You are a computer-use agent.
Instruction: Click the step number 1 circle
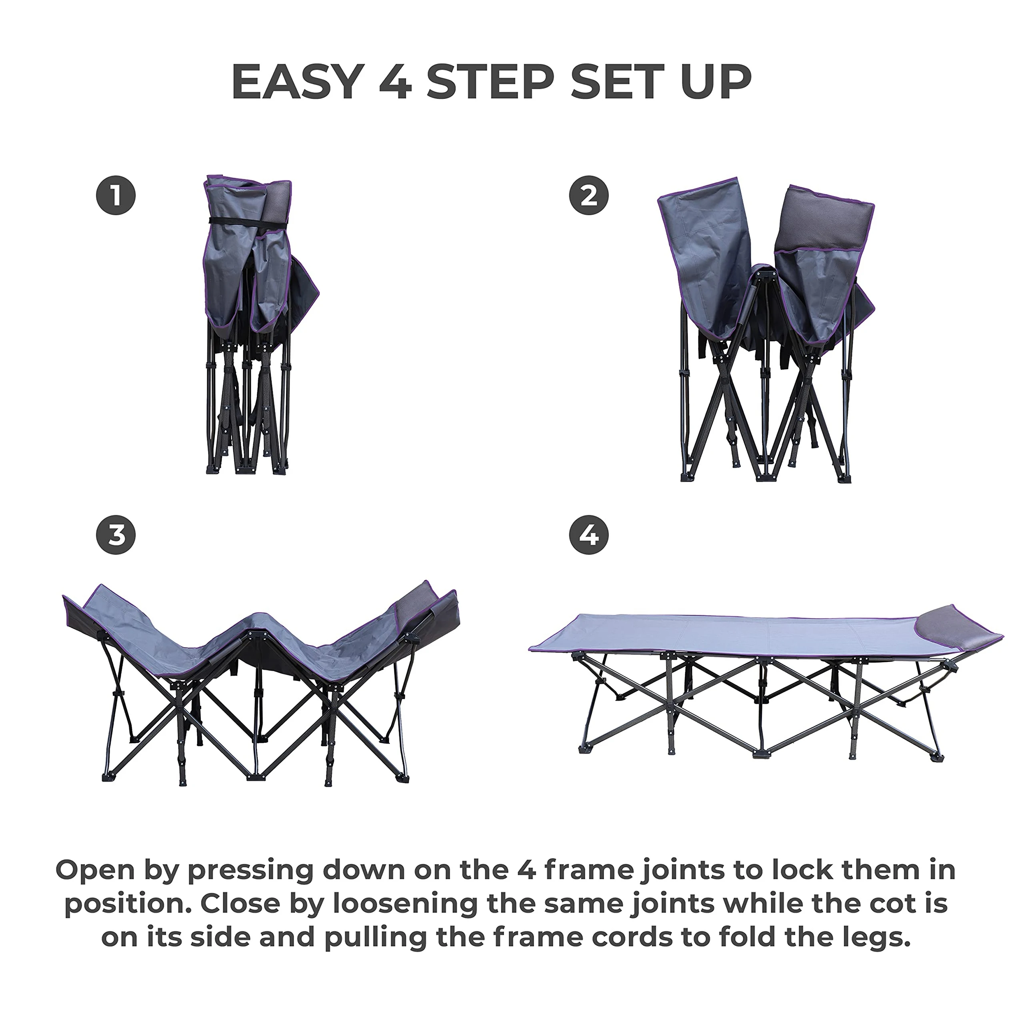(116, 195)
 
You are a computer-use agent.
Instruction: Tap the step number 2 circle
(589, 195)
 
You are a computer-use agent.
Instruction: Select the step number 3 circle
(116, 535)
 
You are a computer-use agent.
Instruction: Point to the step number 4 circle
(589, 535)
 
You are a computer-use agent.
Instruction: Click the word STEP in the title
(490, 82)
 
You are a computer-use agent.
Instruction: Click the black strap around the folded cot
(246, 222)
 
